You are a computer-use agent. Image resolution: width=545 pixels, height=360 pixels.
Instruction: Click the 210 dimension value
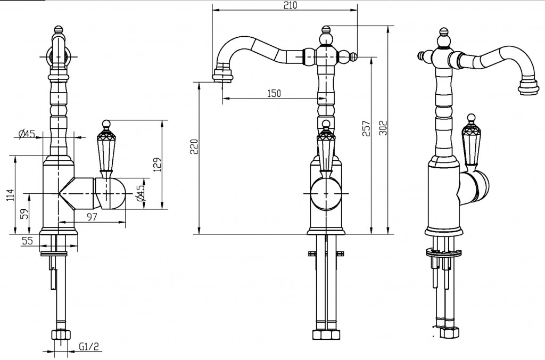[x=291, y=5]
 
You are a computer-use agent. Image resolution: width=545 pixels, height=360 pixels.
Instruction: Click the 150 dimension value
[x=274, y=93]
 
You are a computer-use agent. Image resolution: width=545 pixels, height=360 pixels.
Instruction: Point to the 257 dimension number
[x=367, y=128]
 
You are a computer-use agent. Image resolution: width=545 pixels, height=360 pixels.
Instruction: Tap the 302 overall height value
[x=383, y=128]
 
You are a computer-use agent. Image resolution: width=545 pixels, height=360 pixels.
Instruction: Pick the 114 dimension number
[x=10, y=195]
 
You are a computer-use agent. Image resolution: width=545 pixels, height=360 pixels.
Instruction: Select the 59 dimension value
[x=24, y=214]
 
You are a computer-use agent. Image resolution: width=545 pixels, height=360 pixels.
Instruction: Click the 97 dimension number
[x=92, y=217]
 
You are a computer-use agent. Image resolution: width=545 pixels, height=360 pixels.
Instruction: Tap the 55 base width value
[x=27, y=240]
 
